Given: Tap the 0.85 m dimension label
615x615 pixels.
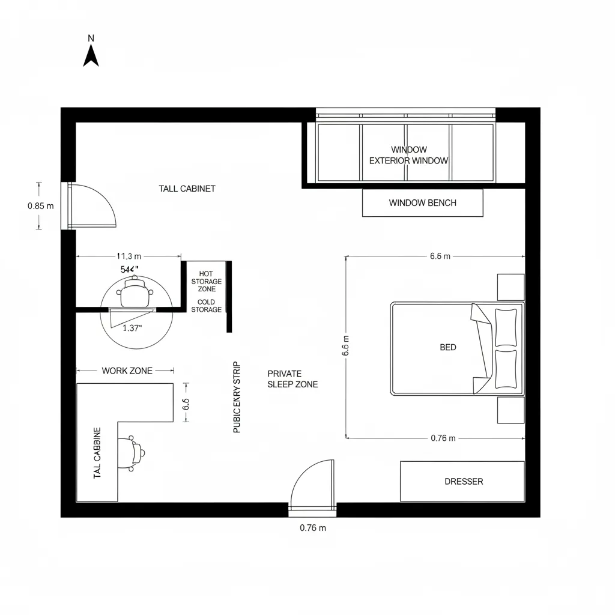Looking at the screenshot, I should tap(41, 205).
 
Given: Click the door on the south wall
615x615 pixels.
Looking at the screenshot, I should tap(313, 485).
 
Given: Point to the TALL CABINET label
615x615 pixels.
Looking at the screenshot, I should tap(187, 189).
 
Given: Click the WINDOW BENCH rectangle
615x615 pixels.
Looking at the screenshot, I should tap(422, 203).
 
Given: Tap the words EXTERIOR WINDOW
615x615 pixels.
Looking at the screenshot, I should tap(408, 161).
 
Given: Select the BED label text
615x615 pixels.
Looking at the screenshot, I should tap(447, 347).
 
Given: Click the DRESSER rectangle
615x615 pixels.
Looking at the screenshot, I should tap(462, 481).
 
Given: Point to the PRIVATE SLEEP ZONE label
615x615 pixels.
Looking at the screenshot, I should tap(292, 379).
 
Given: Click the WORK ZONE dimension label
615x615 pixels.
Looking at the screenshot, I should tap(127, 371).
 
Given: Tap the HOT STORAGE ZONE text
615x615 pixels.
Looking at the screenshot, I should tap(206, 281).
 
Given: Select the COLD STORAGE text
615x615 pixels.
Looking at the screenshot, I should tap(206, 306).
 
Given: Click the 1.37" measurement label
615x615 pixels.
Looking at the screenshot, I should tap(132, 328).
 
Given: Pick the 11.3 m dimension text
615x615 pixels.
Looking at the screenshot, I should tap(129, 256).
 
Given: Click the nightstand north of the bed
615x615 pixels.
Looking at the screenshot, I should tap(510, 287).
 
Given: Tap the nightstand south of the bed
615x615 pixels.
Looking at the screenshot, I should tap(510, 410).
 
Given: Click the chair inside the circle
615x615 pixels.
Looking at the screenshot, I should tap(134, 294).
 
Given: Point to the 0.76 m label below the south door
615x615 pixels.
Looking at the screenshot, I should tap(312, 529).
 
